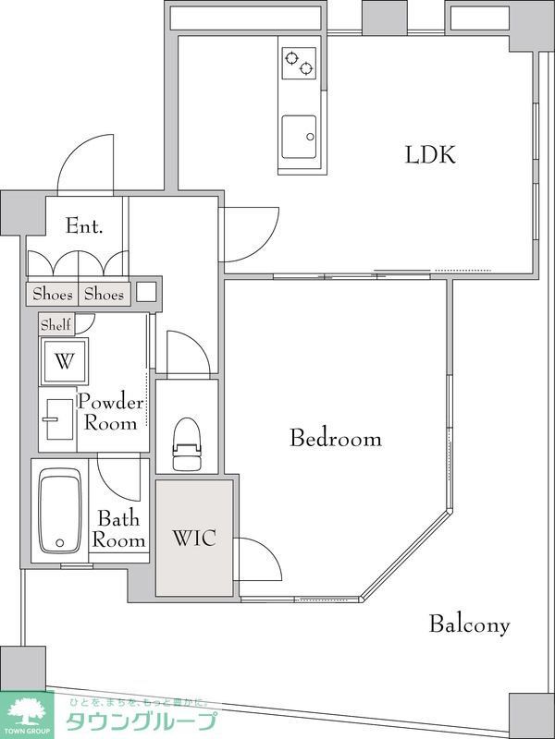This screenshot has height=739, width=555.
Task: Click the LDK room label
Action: [x=430, y=155]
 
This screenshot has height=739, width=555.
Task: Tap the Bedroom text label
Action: [x=336, y=438]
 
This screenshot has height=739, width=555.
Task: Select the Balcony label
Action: [x=470, y=624]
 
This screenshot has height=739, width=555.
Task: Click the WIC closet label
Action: [x=194, y=538]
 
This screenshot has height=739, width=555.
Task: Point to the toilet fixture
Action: [x=187, y=444]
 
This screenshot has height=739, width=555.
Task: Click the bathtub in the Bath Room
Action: [x=60, y=511]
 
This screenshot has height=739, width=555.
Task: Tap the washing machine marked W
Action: [x=64, y=361]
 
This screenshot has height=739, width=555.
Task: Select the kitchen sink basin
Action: [x=299, y=137]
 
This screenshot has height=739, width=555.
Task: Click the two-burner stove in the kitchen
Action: [x=299, y=63]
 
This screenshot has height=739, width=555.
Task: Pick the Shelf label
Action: [x=55, y=325]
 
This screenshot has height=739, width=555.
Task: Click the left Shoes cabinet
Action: [x=53, y=295]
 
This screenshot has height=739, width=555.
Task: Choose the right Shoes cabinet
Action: [x=104, y=295]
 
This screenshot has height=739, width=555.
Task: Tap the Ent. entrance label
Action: [x=84, y=226]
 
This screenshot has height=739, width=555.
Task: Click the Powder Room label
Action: [x=111, y=412]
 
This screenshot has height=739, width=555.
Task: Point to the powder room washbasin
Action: [x=59, y=419]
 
